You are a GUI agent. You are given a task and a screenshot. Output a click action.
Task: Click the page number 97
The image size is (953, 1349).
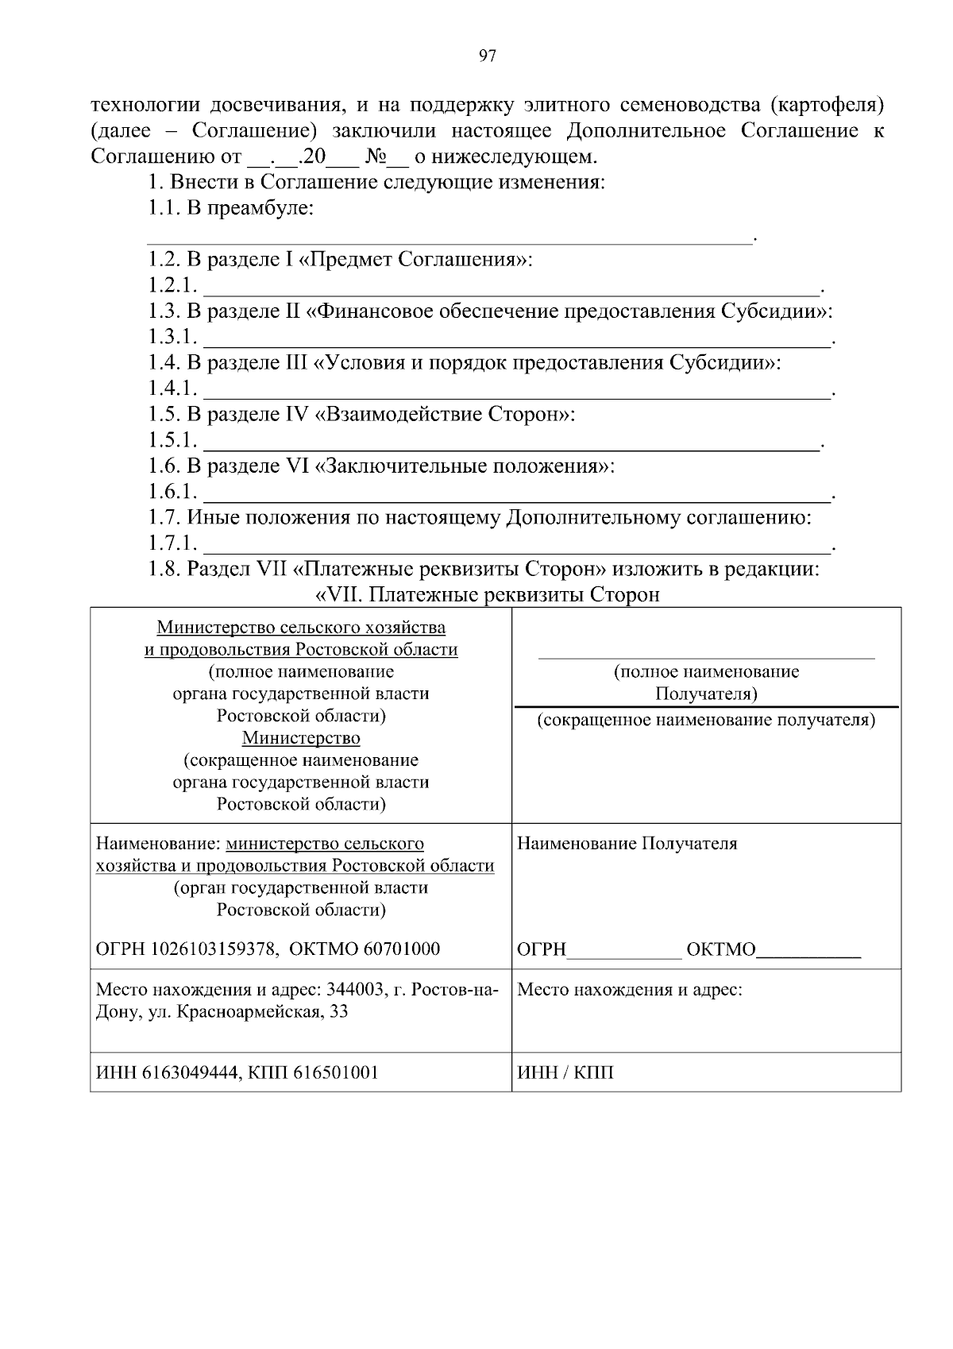point(487,56)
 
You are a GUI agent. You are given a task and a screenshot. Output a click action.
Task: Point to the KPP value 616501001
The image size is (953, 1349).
point(335,1073)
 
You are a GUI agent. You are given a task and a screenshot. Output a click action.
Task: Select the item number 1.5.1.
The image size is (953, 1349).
point(172,440)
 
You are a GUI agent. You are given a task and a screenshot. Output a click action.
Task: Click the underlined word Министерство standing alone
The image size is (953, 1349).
point(301,738)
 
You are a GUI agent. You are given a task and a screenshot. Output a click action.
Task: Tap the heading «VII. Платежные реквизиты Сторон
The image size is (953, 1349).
point(488,595)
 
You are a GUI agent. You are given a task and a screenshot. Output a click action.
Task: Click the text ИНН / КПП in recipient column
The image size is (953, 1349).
point(565,1073)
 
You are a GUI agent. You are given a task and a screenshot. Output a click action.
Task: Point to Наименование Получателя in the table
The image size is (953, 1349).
point(627,844)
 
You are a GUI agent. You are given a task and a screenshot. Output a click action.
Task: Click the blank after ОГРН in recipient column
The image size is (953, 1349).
point(624,950)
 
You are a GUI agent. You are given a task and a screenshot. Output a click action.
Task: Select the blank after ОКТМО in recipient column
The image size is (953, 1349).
point(808,950)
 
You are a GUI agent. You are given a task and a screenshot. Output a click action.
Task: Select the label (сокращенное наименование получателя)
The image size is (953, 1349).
point(706,721)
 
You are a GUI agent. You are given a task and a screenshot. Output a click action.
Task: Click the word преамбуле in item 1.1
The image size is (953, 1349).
point(260,208)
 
